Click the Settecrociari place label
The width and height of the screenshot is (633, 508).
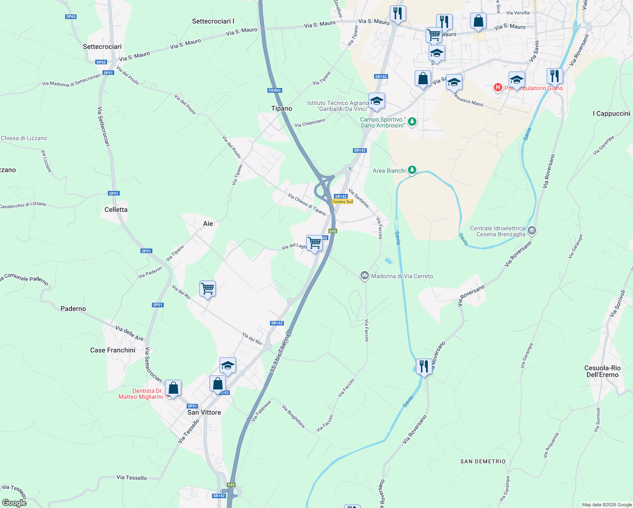pyautogui.click(x=102, y=47)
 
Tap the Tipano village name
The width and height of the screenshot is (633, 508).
pyautogui.click(x=281, y=108)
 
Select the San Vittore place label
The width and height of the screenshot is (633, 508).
pyautogui.click(x=204, y=412)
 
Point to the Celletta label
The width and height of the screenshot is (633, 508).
pyautogui.click(x=116, y=210)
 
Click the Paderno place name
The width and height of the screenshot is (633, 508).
pyautogui.click(x=73, y=309)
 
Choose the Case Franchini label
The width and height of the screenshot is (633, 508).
pyautogui.click(x=113, y=350)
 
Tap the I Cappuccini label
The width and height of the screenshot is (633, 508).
pyautogui.click(x=611, y=113)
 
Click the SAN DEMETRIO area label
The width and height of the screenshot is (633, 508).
pyautogui.click(x=483, y=461)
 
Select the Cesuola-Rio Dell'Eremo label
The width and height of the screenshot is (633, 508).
pyautogui.click(x=603, y=371)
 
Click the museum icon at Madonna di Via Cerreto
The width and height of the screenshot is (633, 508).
pyautogui.click(x=364, y=276)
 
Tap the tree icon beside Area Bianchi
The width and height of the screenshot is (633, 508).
pyautogui.click(x=412, y=171)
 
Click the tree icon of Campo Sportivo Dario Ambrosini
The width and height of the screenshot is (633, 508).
pyautogui.click(x=412, y=122)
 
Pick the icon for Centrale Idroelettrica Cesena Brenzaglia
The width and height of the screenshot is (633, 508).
pyautogui.click(x=532, y=231)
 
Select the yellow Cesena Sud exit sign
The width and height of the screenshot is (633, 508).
pyautogui.click(x=342, y=202)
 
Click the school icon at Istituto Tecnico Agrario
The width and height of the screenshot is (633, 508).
pyautogui.click(x=377, y=101)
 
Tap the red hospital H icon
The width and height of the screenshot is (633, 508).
pyautogui.click(x=498, y=88)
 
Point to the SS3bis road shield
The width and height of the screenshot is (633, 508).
pyautogui.click(x=275, y=90)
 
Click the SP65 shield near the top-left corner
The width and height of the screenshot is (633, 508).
pyautogui.click(x=71, y=17)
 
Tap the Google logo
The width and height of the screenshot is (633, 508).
pyautogui.click(x=14, y=503)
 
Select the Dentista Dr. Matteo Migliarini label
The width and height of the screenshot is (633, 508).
pyautogui.click(x=141, y=394)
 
